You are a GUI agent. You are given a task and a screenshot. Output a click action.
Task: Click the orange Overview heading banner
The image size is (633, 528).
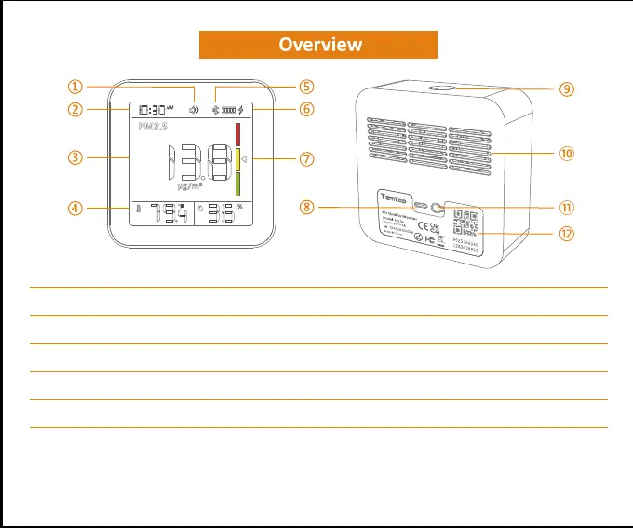click(318, 45)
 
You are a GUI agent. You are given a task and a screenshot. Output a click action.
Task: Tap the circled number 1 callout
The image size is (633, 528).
click(73, 87)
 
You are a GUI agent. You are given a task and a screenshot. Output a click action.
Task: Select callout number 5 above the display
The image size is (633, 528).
click(306, 87)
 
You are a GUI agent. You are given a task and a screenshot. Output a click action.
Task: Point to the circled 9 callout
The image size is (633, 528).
click(567, 90)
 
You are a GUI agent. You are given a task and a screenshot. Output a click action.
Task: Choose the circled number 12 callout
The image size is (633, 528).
click(566, 233)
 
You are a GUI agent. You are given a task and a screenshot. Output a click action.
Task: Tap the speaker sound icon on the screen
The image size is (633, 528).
click(194, 110)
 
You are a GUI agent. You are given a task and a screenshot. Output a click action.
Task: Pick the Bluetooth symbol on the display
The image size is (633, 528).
click(213, 110)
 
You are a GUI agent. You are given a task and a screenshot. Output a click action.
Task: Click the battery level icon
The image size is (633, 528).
click(228, 110)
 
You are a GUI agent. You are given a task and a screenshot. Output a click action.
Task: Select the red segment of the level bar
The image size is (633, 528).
click(236, 134)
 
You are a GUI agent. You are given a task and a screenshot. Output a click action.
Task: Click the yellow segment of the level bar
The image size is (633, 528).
click(236, 159)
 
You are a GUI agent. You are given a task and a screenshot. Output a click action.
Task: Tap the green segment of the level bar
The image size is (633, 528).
click(236, 183)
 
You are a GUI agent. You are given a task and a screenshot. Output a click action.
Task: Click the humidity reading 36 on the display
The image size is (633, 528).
click(222, 215)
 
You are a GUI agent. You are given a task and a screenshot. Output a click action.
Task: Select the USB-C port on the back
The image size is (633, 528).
click(421, 206)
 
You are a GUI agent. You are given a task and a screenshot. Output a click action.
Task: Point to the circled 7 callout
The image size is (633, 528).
click(306, 158)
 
